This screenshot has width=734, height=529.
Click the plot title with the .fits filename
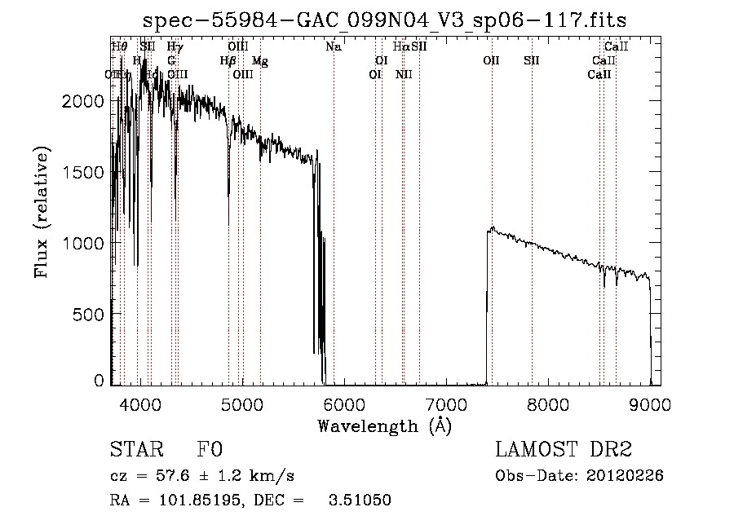point(386,20)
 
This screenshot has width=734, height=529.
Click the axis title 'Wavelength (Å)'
point(384,425)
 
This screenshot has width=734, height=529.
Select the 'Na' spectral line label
point(333,47)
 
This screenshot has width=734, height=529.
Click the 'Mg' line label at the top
point(259,61)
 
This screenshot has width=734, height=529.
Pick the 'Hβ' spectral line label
point(228,61)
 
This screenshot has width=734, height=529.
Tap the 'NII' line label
point(404,75)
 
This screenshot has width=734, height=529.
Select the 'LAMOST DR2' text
point(563,450)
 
